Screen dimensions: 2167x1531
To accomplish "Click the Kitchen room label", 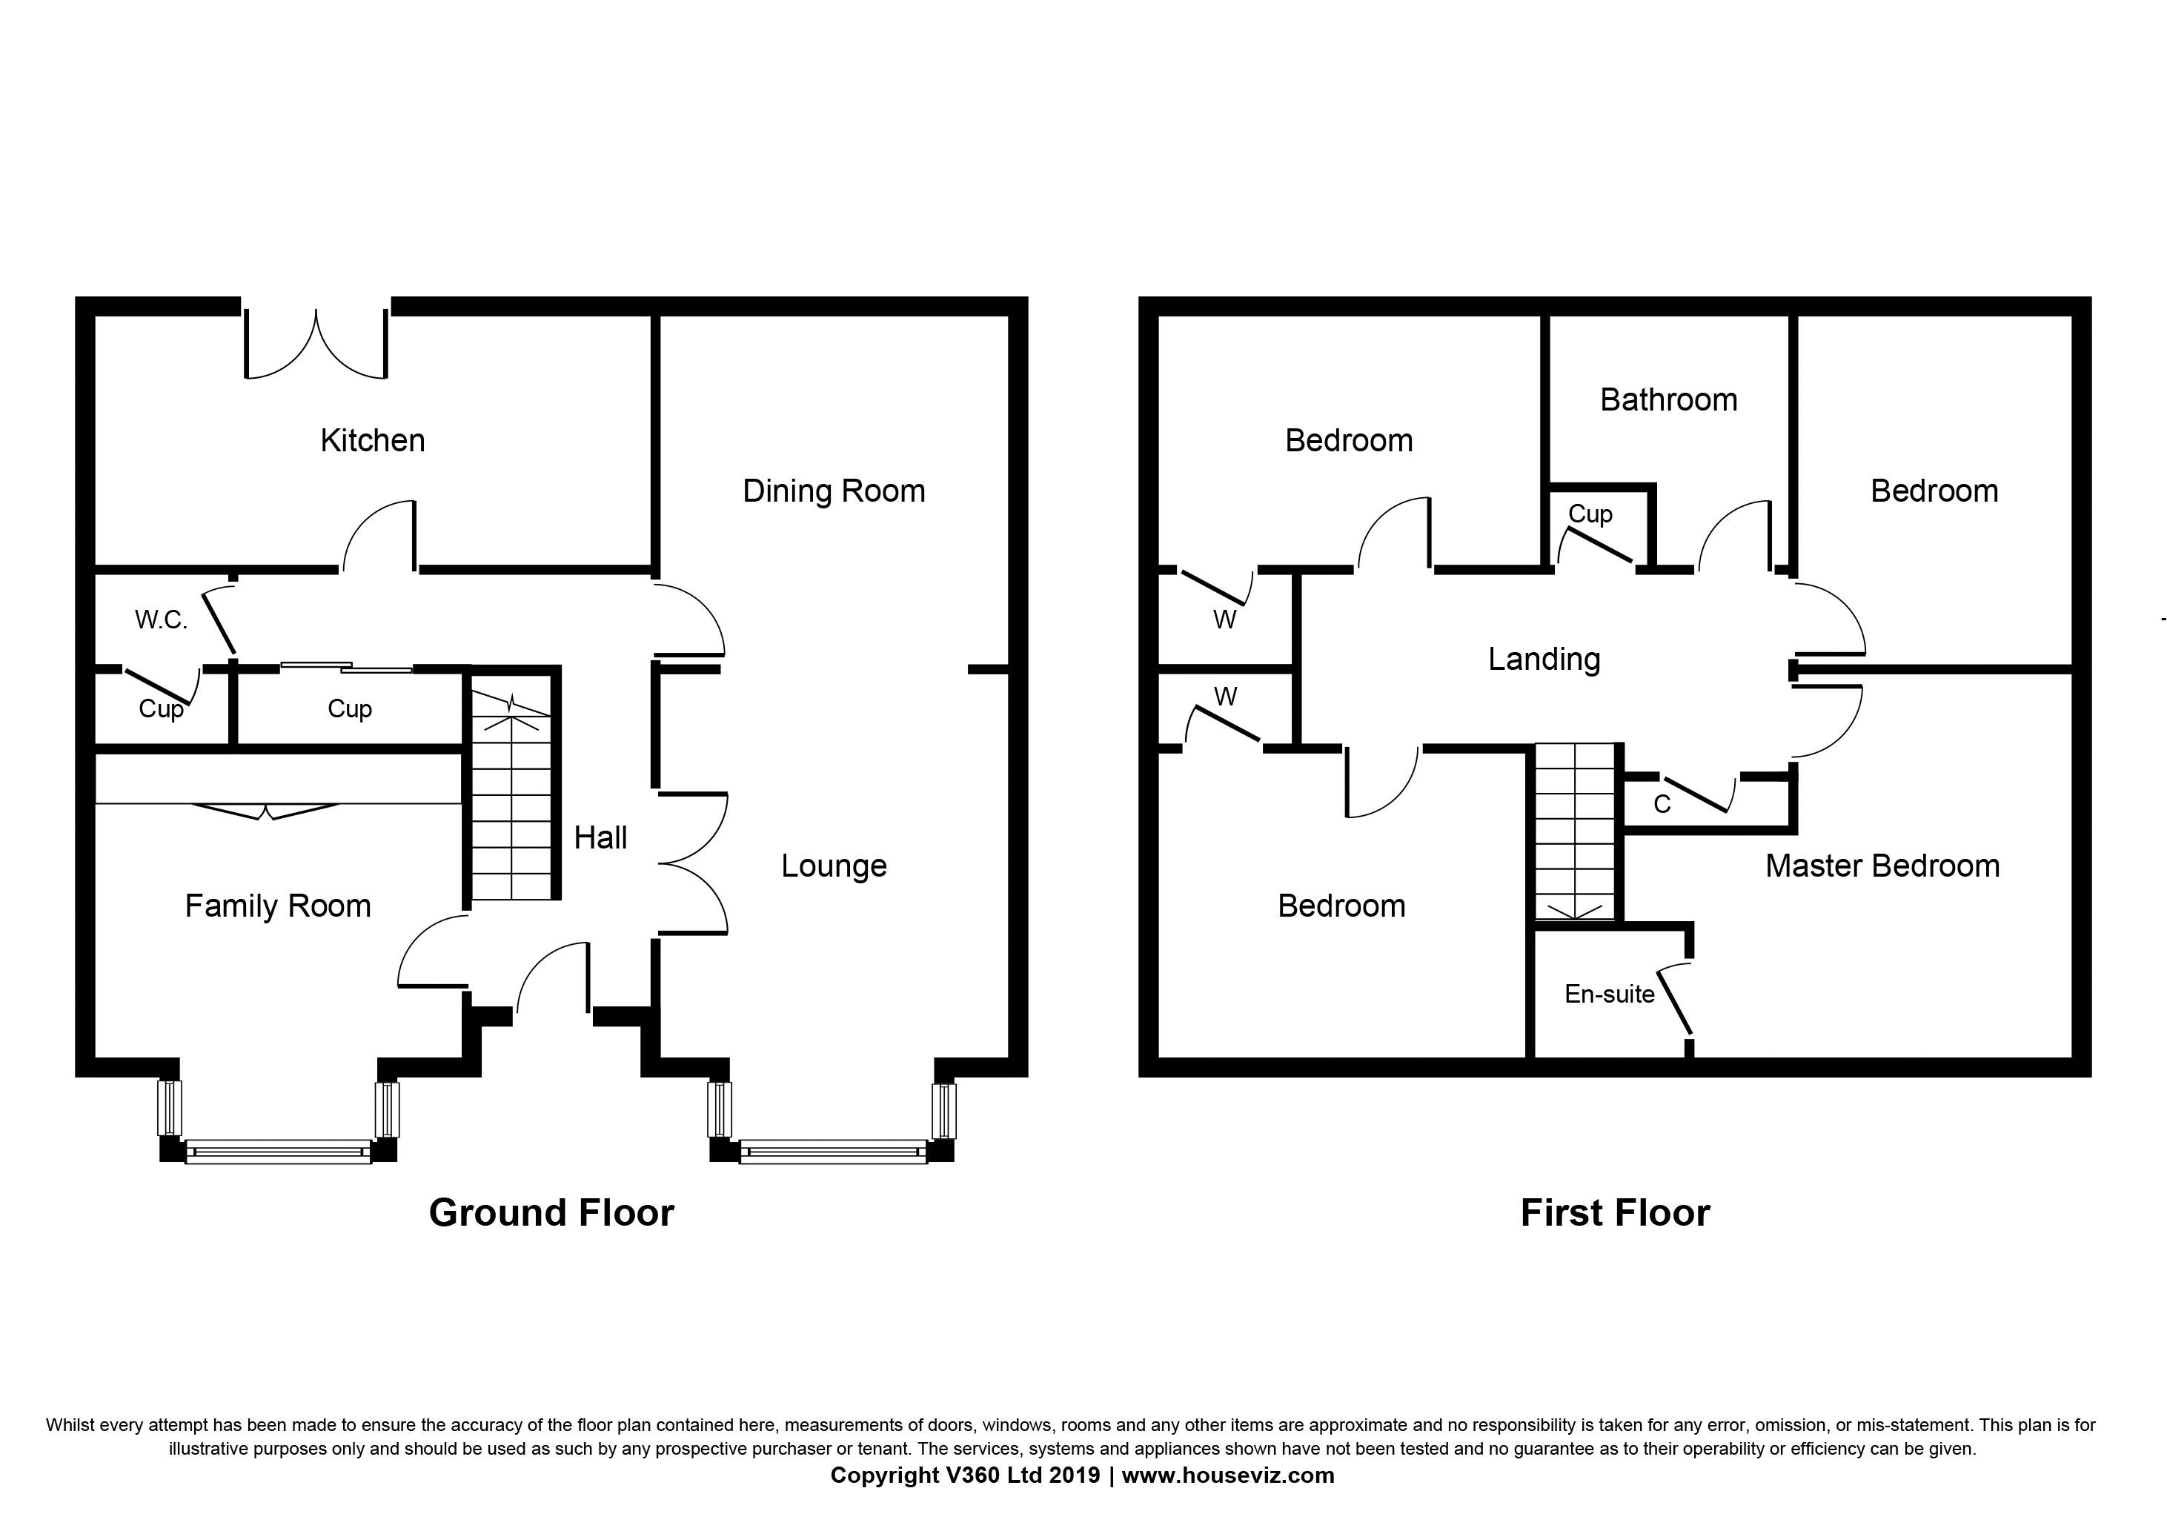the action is tap(373, 441).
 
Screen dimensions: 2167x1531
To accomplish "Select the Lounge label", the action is tap(834, 866).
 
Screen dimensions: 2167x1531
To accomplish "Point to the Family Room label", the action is tap(277, 907).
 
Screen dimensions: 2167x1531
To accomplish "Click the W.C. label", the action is tap(162, 620).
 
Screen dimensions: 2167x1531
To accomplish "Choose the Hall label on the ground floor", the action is tap(600, 837).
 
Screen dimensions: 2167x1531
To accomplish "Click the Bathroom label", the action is tap(1669, 400).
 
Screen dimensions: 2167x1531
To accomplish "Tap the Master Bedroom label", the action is tap(1883, 866).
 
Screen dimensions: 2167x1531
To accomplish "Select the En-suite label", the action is tap(1609, 994).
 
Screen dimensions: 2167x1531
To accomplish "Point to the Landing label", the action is tap(1544, 660).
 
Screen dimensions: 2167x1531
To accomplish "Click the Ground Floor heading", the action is tap(552, 1213).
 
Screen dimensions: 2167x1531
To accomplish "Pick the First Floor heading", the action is tap(1615, 1213).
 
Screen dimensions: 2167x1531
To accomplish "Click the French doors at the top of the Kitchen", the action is tap(316, 342).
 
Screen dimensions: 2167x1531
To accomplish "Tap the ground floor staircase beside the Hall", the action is tap(511, 794).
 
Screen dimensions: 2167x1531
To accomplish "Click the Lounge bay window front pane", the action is tap(834, 1152).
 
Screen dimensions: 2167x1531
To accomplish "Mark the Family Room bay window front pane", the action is tap(279, 1152).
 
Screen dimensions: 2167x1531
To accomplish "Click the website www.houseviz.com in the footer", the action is tap(1228, 1475).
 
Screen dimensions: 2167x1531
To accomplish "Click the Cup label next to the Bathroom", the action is tap(1590, 514).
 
